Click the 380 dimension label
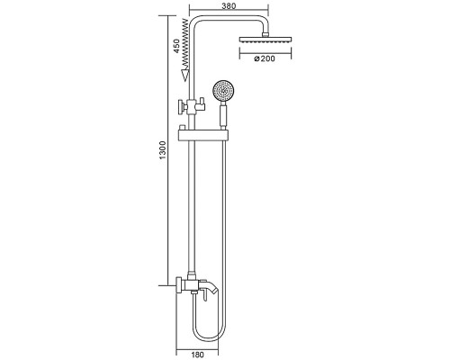click(229, 5)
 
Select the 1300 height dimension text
click(162, 150)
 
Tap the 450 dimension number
click(177, 46)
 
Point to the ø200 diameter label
click(265, 58)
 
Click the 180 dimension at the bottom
click(197, 355)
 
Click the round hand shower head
click(223, 90)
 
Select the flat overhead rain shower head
click(265, 40)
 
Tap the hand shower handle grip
click(223, 116)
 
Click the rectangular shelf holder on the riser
click(203, 136)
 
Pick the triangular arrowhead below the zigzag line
click(185, 75)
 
